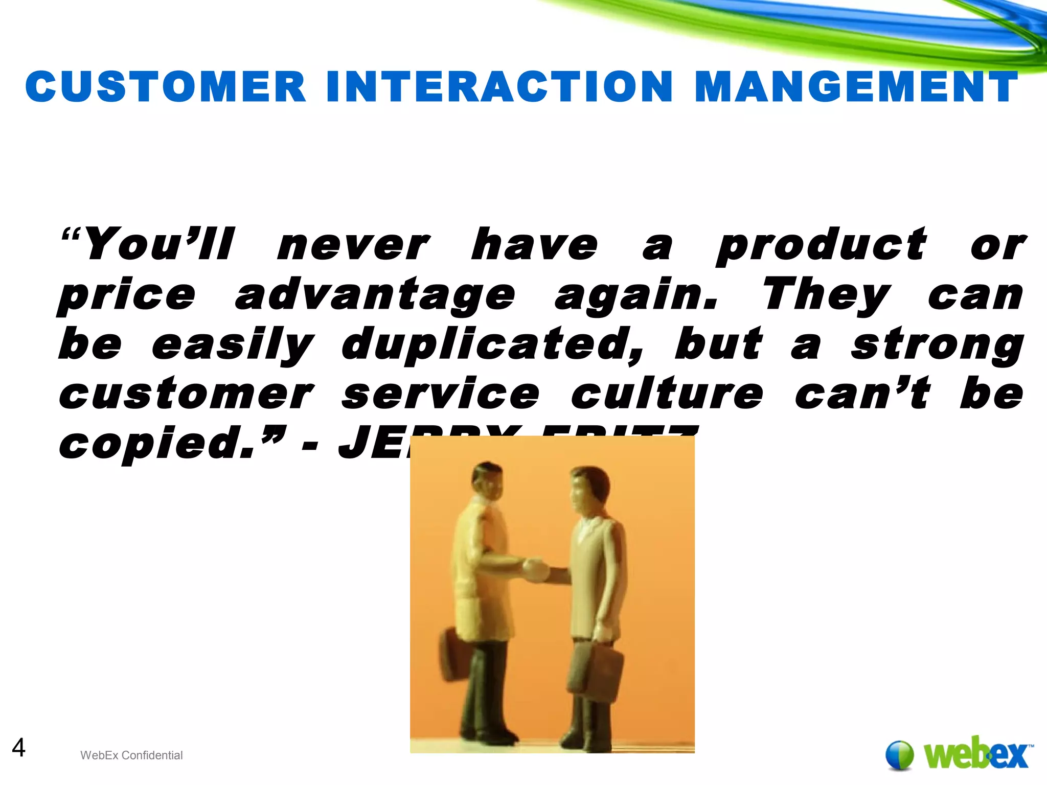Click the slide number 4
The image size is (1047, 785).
(18, 748)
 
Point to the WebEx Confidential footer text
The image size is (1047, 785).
(131, 755)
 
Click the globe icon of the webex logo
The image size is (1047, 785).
(899, 755)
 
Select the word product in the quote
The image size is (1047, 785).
(821, 245)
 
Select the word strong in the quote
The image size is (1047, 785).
(937, 345)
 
